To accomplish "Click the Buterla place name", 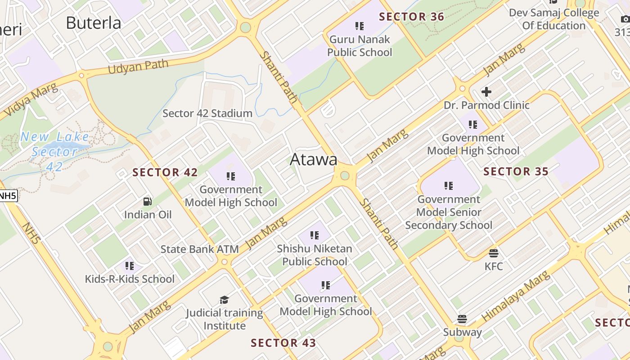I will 94,23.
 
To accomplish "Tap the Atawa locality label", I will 314,159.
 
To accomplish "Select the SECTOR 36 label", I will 411,17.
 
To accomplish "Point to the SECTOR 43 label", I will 283,343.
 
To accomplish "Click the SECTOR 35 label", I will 516,171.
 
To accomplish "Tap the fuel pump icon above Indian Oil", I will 148,202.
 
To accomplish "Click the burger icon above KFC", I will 494,253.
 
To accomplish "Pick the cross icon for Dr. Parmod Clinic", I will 486,92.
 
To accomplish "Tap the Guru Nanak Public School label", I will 360,46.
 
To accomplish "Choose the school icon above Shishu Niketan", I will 315,235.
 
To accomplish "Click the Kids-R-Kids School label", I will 130,279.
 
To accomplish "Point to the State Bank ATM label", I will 193,249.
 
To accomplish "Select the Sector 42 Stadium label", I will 207,113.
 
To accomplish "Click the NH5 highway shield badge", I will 8,196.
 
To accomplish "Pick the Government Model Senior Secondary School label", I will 449,212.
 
